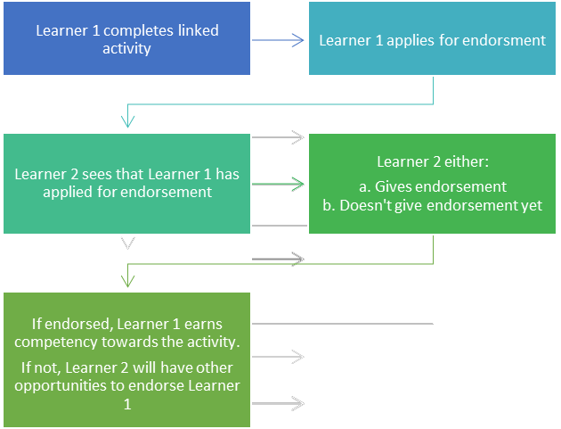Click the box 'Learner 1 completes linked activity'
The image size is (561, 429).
[126, 39]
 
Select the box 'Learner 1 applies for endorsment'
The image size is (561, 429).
[433, 40]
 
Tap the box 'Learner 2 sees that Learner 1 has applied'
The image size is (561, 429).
[126, 183]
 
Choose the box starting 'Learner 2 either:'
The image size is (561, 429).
[433, 184]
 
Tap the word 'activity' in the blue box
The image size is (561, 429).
[126, 48]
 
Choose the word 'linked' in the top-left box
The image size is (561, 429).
[198, 31]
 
